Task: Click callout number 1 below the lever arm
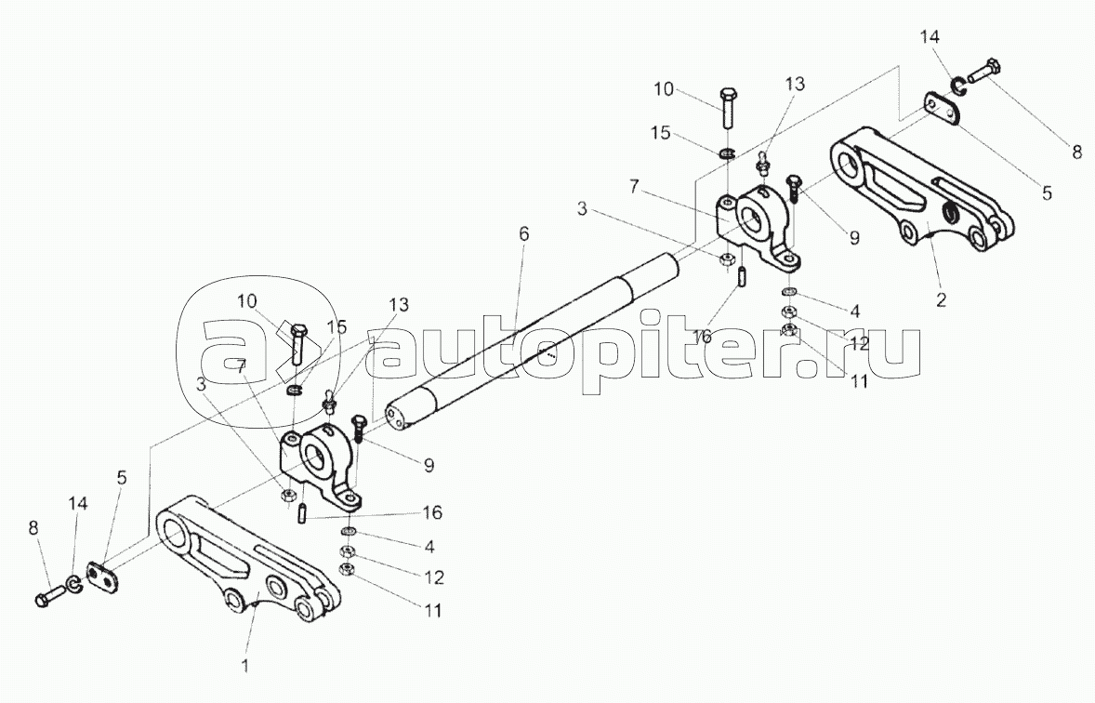click(245, 665)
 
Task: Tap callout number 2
click(942, 300)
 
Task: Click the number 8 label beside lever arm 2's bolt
click(1076, 153)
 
